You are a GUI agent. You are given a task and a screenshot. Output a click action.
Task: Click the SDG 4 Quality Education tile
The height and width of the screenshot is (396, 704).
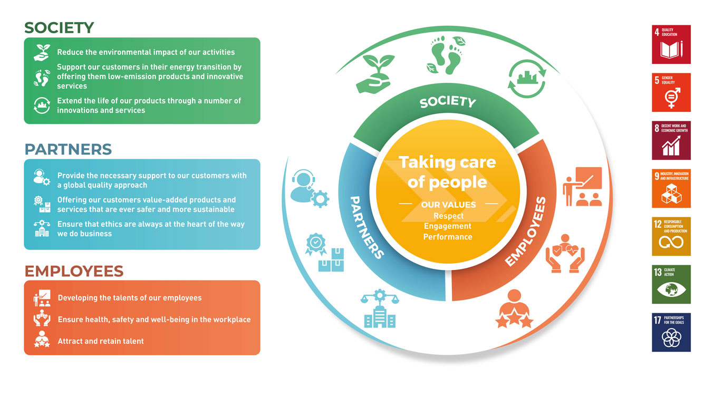[x=671, y=44]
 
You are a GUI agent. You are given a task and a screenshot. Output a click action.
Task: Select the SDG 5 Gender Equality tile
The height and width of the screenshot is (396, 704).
[x=671, y=92]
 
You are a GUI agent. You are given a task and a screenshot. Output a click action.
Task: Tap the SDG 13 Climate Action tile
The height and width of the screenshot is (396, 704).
[x=671, y=284]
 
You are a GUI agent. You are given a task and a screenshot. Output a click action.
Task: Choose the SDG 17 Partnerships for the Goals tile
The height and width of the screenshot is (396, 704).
[x=671, y=332]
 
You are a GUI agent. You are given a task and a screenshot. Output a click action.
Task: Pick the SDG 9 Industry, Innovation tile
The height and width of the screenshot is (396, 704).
[x=671, y=188]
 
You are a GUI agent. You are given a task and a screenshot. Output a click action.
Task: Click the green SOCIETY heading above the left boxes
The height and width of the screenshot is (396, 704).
[x=59, y=27]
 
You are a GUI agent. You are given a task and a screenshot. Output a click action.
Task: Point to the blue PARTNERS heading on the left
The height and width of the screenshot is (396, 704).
[x=68, y=149]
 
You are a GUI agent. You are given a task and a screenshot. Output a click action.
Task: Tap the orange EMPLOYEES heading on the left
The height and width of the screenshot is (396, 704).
[x=74, y=271]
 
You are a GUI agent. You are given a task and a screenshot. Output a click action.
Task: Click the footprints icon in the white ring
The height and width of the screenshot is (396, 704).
[x=446, y=55]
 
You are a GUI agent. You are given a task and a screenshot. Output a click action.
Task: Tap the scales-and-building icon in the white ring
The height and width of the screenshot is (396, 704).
[x=380, y=308]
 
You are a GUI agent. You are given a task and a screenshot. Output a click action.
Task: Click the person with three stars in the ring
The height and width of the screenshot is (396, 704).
[x=514, y=308]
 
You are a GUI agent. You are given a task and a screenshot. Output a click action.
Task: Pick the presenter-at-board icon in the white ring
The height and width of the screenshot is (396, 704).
[x=582, y=186]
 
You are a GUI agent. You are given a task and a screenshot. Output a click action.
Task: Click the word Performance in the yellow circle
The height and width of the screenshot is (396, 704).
[x=448, y=237]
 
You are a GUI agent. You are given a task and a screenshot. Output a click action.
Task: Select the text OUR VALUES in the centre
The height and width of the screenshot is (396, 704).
[x=448, y=205]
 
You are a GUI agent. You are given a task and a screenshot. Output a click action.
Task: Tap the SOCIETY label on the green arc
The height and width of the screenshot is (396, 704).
[x=448, y=102]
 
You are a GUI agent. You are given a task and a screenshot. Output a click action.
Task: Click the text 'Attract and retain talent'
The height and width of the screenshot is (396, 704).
[x=101, y=341]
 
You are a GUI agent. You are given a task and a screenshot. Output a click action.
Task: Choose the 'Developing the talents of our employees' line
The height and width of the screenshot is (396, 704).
[x=130, y=297]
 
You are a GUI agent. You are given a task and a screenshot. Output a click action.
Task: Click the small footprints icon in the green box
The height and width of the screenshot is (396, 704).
[x=42, y=78]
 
